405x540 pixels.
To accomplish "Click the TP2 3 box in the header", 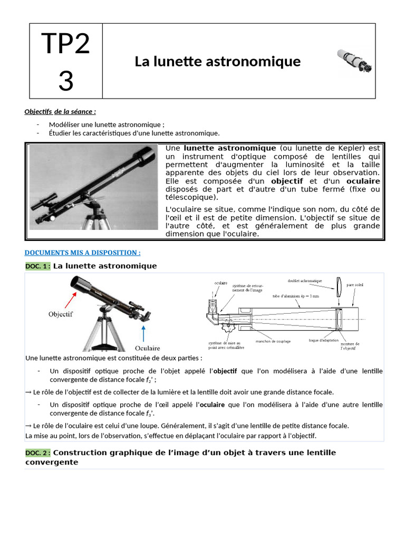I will (66, 61).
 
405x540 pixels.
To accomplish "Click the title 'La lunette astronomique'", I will (217, 62).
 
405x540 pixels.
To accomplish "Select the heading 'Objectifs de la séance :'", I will (60, 111).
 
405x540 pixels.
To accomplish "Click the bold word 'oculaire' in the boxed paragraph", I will (364, 181).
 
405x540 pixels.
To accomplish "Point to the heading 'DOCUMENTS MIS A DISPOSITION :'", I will (83, 253).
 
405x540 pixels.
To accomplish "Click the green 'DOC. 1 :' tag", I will (38, 266).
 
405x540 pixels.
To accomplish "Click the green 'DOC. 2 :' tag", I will (38, 453).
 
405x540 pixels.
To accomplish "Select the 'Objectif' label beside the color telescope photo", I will (61, 314).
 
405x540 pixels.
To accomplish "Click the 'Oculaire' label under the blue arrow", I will (148, 348).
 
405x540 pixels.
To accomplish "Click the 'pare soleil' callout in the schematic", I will (355, 285).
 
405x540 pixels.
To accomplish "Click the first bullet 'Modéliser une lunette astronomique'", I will (107, 124).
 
